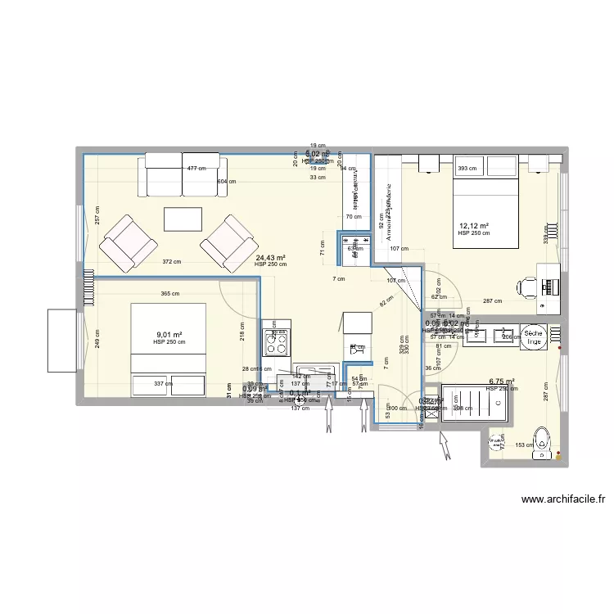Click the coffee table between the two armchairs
pyautogui.click(x=183, y=220)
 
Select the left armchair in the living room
pyautogui.click(x=128, y=242)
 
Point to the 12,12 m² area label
pyautogui.click(x=474, y=226)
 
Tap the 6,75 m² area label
pyautogui.click(x=501, y=381)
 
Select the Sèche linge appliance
pyautogui.click(x=535, y=336)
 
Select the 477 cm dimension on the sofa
pyautogui.click(x=196, y=169)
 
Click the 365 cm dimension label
pyautogui.click(x=169, y=294)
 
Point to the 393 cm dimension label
pyautogui.click(x=467, y=169)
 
